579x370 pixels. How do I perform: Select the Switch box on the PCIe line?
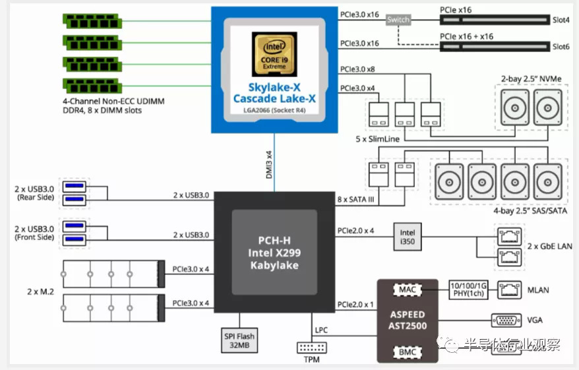[398, 20]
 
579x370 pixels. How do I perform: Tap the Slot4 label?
[561, 20]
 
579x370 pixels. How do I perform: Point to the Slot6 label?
[561, 46]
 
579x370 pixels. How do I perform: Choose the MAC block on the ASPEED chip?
[408, 289]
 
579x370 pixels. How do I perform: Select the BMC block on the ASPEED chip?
[408, 352]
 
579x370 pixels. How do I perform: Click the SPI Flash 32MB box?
[239, 340]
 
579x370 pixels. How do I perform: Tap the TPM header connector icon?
[312, 347]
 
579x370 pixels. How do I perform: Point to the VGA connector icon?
[506, 321]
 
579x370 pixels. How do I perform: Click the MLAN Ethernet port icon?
[508, 288]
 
